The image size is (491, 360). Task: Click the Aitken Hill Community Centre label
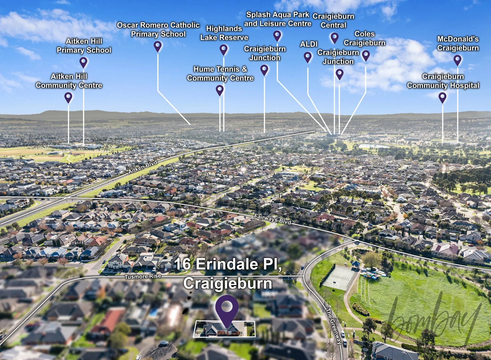(69, 81)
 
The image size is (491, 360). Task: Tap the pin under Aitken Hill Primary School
(83, 62)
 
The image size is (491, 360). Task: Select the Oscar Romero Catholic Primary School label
(158, 30)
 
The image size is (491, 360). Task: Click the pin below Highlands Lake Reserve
(223, 50)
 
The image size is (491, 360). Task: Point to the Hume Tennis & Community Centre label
(220, 74)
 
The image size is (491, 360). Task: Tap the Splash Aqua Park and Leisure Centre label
(278, 19)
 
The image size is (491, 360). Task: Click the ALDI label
(309, 44)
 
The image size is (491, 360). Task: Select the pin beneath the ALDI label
(308, 57)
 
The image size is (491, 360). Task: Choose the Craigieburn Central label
(334, 21)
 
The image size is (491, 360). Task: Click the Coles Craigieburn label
(365, 38)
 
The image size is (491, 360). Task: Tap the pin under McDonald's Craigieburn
(457, 60)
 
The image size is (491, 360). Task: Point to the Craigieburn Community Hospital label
(443, 81)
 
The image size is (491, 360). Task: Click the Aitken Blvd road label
(143, 167)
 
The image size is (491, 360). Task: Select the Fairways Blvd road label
(273, 219)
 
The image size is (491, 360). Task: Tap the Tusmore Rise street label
(143, 277)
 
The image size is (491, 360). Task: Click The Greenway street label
(334, 326)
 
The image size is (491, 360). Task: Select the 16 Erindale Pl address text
(228, 264)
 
